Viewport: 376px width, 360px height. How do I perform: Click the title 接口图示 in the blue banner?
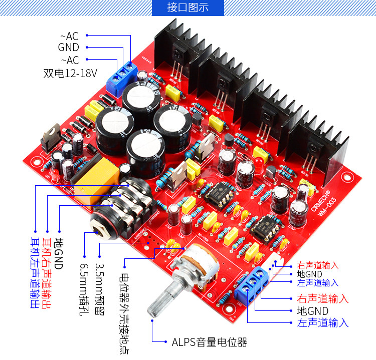pos(187,8)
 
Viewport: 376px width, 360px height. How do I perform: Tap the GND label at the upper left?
pos(69,48)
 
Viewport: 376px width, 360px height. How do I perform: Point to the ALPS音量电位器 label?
pos(210,342)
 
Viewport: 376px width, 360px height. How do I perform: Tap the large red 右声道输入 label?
pos(323,298)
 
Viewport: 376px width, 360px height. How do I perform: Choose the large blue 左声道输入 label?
pos(323,323)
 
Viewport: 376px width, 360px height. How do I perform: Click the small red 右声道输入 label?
pos(318,265)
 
